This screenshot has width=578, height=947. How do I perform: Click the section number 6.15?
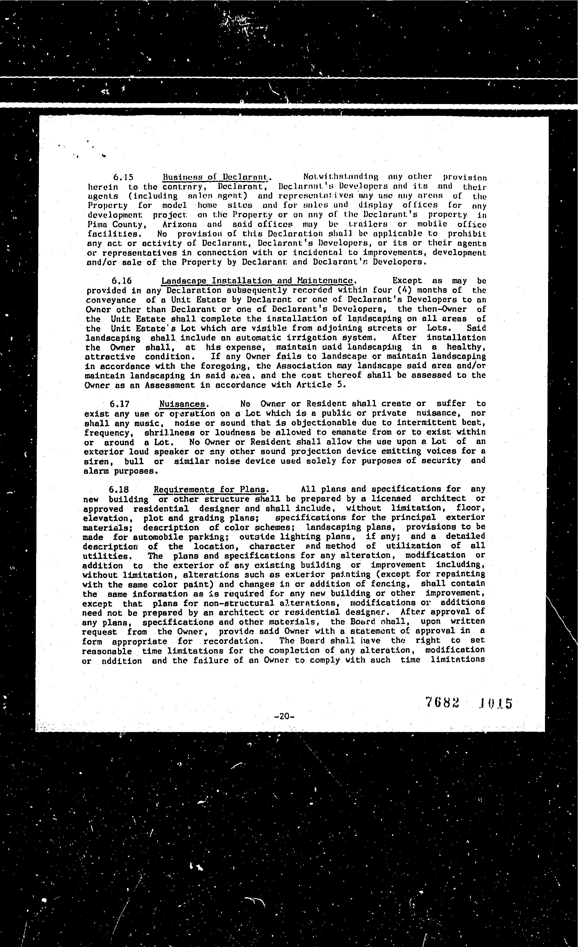point(123,177)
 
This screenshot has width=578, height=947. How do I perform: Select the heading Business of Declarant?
point(215,177)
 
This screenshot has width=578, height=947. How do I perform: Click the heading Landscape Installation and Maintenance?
point(257,281)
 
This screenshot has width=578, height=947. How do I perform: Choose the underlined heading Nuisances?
point(182,404)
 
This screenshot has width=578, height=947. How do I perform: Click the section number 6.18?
point(119,490)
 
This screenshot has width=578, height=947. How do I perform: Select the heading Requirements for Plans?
point(210,490)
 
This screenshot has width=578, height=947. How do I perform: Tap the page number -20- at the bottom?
point(285,716)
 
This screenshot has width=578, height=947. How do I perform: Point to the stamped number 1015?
point(495,703)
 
